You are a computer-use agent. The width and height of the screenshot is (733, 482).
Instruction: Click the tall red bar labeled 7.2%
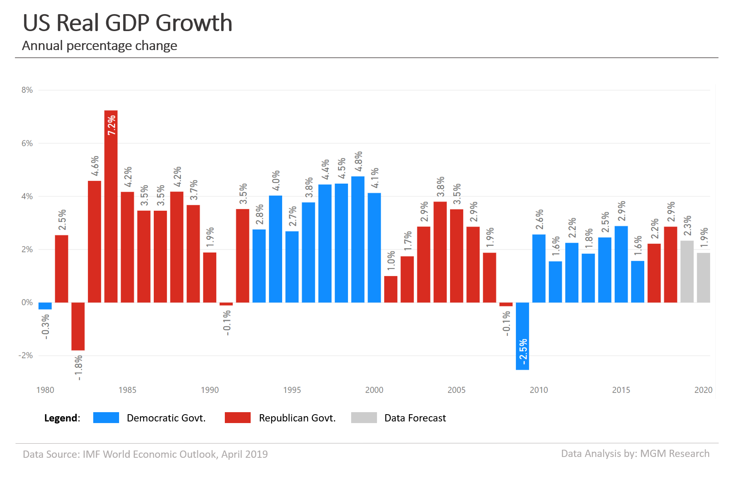click(x=111, y=206)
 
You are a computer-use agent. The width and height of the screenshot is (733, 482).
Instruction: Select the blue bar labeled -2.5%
click(x=522, y=336)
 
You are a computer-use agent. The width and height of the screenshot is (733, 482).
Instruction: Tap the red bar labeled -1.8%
click(x=78, y=326)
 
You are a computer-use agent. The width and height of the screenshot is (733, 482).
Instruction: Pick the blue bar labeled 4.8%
click(x=358, y=239)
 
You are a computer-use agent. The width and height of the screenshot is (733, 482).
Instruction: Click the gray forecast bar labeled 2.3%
click(x=687, y=272)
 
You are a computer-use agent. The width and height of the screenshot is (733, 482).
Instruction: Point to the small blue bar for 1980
click(x=45, y=306)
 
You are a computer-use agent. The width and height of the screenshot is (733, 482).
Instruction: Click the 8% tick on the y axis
click(x=27, y=90)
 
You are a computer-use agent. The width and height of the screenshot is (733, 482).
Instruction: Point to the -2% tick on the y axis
click(x=25, y=356)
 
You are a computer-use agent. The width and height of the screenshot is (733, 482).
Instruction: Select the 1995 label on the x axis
click(x=292, y=390)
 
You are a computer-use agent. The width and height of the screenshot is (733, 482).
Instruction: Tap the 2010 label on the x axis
click(x=539, y=390)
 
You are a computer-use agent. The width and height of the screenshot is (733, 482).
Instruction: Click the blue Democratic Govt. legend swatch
click(x=106, y=418)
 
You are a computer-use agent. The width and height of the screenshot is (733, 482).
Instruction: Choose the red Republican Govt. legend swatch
click(x=238, y=418)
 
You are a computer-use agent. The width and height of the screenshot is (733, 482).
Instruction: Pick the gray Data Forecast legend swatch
click(x=364, y=418)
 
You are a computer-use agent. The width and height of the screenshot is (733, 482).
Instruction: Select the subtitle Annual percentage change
click(x=100, y=46)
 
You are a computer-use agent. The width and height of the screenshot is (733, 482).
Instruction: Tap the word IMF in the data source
click(x=92, y=454)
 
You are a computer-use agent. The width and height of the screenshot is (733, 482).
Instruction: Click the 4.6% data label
click(x=95, y=166)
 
